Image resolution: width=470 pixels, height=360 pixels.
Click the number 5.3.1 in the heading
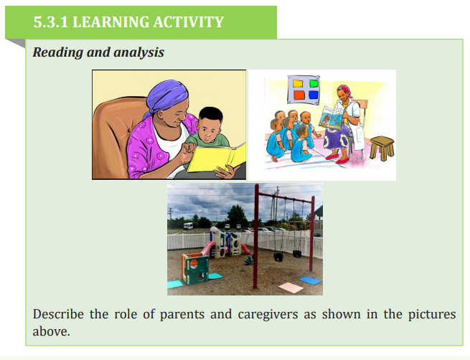[51, 22]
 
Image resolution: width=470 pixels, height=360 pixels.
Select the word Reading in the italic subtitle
[58, 53]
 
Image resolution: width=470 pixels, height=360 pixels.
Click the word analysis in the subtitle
[139, 52]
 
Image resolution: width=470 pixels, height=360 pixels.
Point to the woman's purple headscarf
[166, 96]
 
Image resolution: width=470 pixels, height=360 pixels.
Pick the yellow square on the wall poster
[298, 83]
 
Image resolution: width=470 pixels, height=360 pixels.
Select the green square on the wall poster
[314, 83]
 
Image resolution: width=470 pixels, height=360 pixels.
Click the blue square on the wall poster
[314, 95]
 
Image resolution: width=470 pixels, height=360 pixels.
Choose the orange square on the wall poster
[299, 95]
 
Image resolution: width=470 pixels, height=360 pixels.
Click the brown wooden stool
[382, 148]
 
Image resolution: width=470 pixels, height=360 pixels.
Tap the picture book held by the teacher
[331, 118]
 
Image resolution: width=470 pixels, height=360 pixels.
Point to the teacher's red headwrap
[344, 89]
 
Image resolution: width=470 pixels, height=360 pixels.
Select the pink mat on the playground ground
[291, 288]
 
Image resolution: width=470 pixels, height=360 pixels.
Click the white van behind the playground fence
[188, 225]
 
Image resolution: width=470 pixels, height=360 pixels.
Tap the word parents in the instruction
[182, 315]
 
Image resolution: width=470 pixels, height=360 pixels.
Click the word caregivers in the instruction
[268, 315]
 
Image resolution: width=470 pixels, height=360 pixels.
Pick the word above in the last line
[51, 331]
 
